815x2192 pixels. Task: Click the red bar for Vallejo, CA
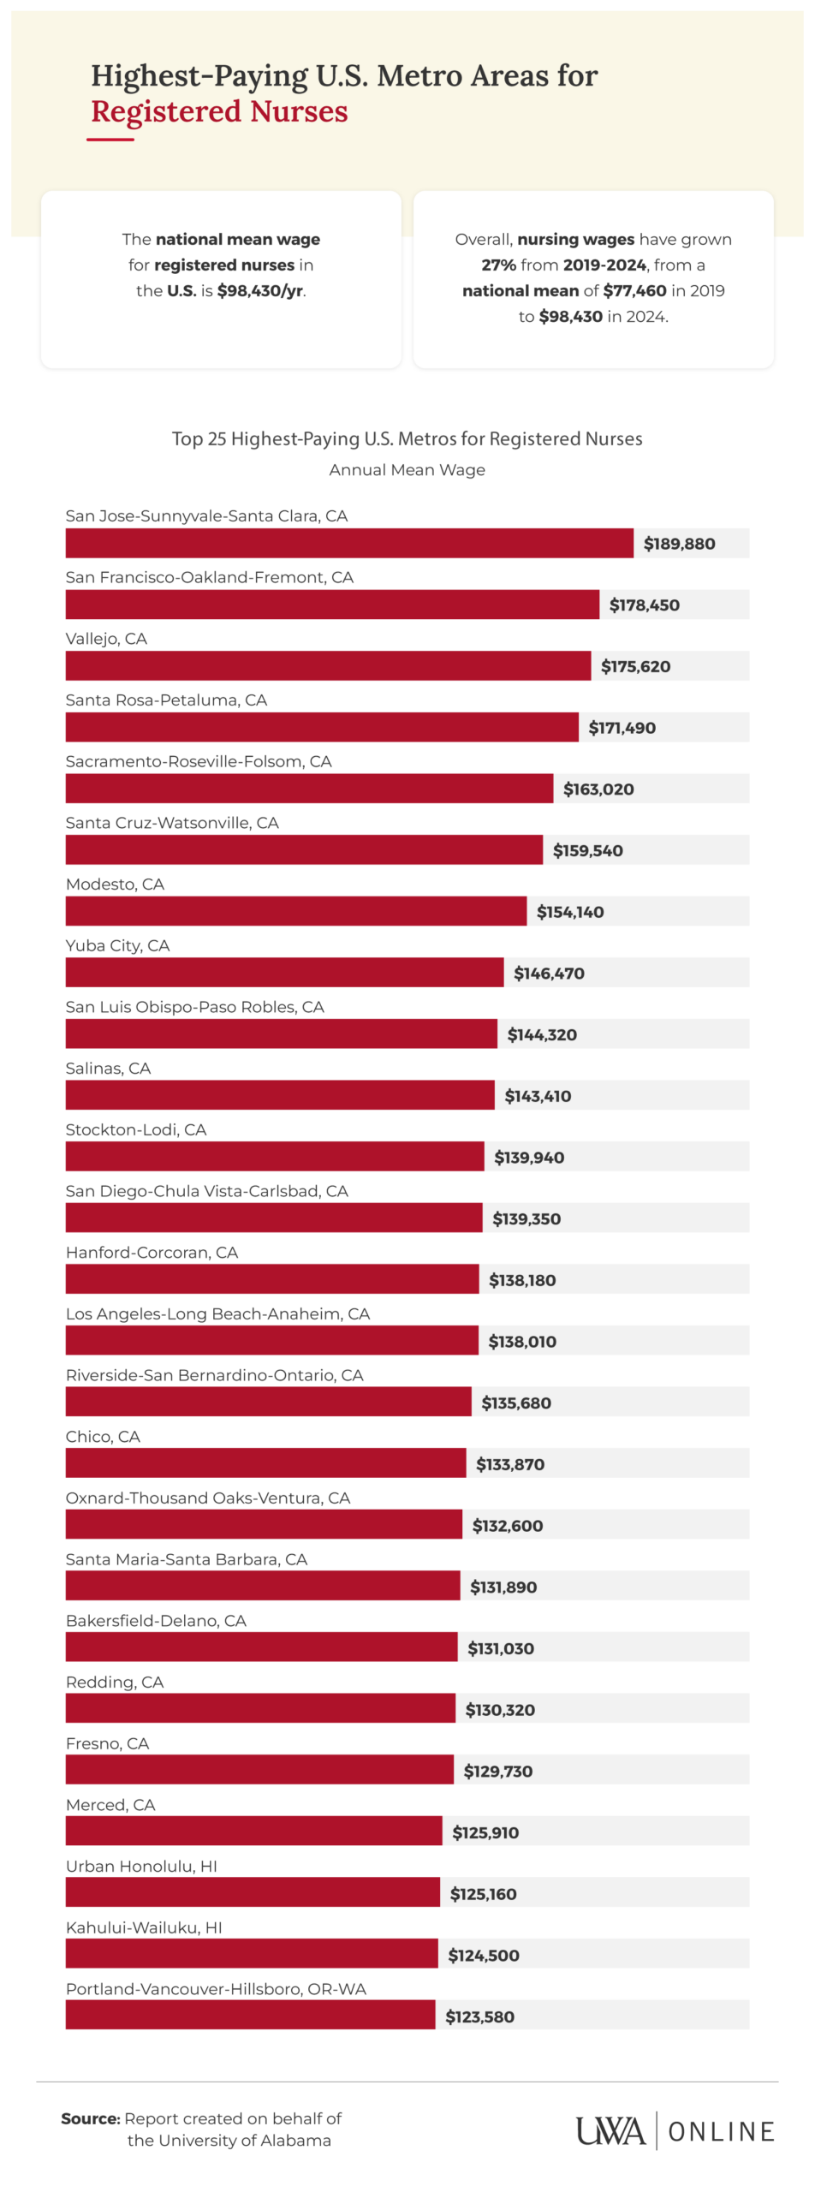click(x=328, y=665)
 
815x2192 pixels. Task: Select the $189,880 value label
click(x=679, y=544)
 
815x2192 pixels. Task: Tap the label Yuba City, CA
click(x=117, y=945)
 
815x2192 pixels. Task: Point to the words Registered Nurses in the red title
click(x=219, y=112)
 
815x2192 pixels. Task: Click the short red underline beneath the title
click(x=110, y=139)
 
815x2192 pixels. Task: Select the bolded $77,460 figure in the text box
click(x=634, y=290)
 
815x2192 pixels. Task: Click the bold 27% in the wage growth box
click(x=498, y=265)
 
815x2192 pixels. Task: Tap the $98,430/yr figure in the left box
click(x=260, y=290)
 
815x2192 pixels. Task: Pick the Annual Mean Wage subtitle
click(x=407, y=470)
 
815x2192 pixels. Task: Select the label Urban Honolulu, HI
click(x=141, y=1866)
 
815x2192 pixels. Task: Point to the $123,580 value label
click(x=479, y=2016)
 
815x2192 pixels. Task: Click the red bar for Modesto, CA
click(x=295, y=911)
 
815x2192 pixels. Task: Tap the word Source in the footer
click(x=90, y=2118)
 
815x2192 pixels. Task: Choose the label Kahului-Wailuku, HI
click(x=144, y=1927)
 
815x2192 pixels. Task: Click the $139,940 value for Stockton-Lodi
click(x=529, y=1158)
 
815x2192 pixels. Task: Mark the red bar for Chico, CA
click(x=265, y=1462)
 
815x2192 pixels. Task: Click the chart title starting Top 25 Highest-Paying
click(x=407, y=438)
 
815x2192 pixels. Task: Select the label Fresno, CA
click(x=107, y=1743)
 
